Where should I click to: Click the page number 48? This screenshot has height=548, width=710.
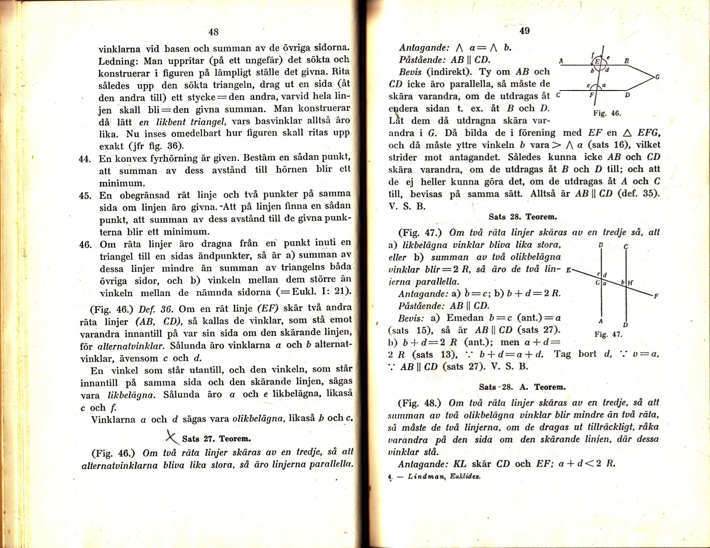point(213,32)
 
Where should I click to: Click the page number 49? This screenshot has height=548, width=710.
point(525,31)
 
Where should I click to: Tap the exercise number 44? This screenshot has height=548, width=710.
point(84,159)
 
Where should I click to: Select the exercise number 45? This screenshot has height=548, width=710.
point(84,195)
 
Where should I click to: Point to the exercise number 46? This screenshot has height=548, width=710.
point(84,245)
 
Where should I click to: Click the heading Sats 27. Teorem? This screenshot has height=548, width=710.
point(216,439)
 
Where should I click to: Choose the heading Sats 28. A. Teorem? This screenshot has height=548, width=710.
point(522,387)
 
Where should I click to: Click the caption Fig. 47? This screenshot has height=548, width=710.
point(608,334)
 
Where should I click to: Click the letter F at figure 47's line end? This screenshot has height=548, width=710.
point(656,296)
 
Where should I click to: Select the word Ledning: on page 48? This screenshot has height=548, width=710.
point(119,61)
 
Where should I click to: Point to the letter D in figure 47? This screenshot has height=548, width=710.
point(626,325)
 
